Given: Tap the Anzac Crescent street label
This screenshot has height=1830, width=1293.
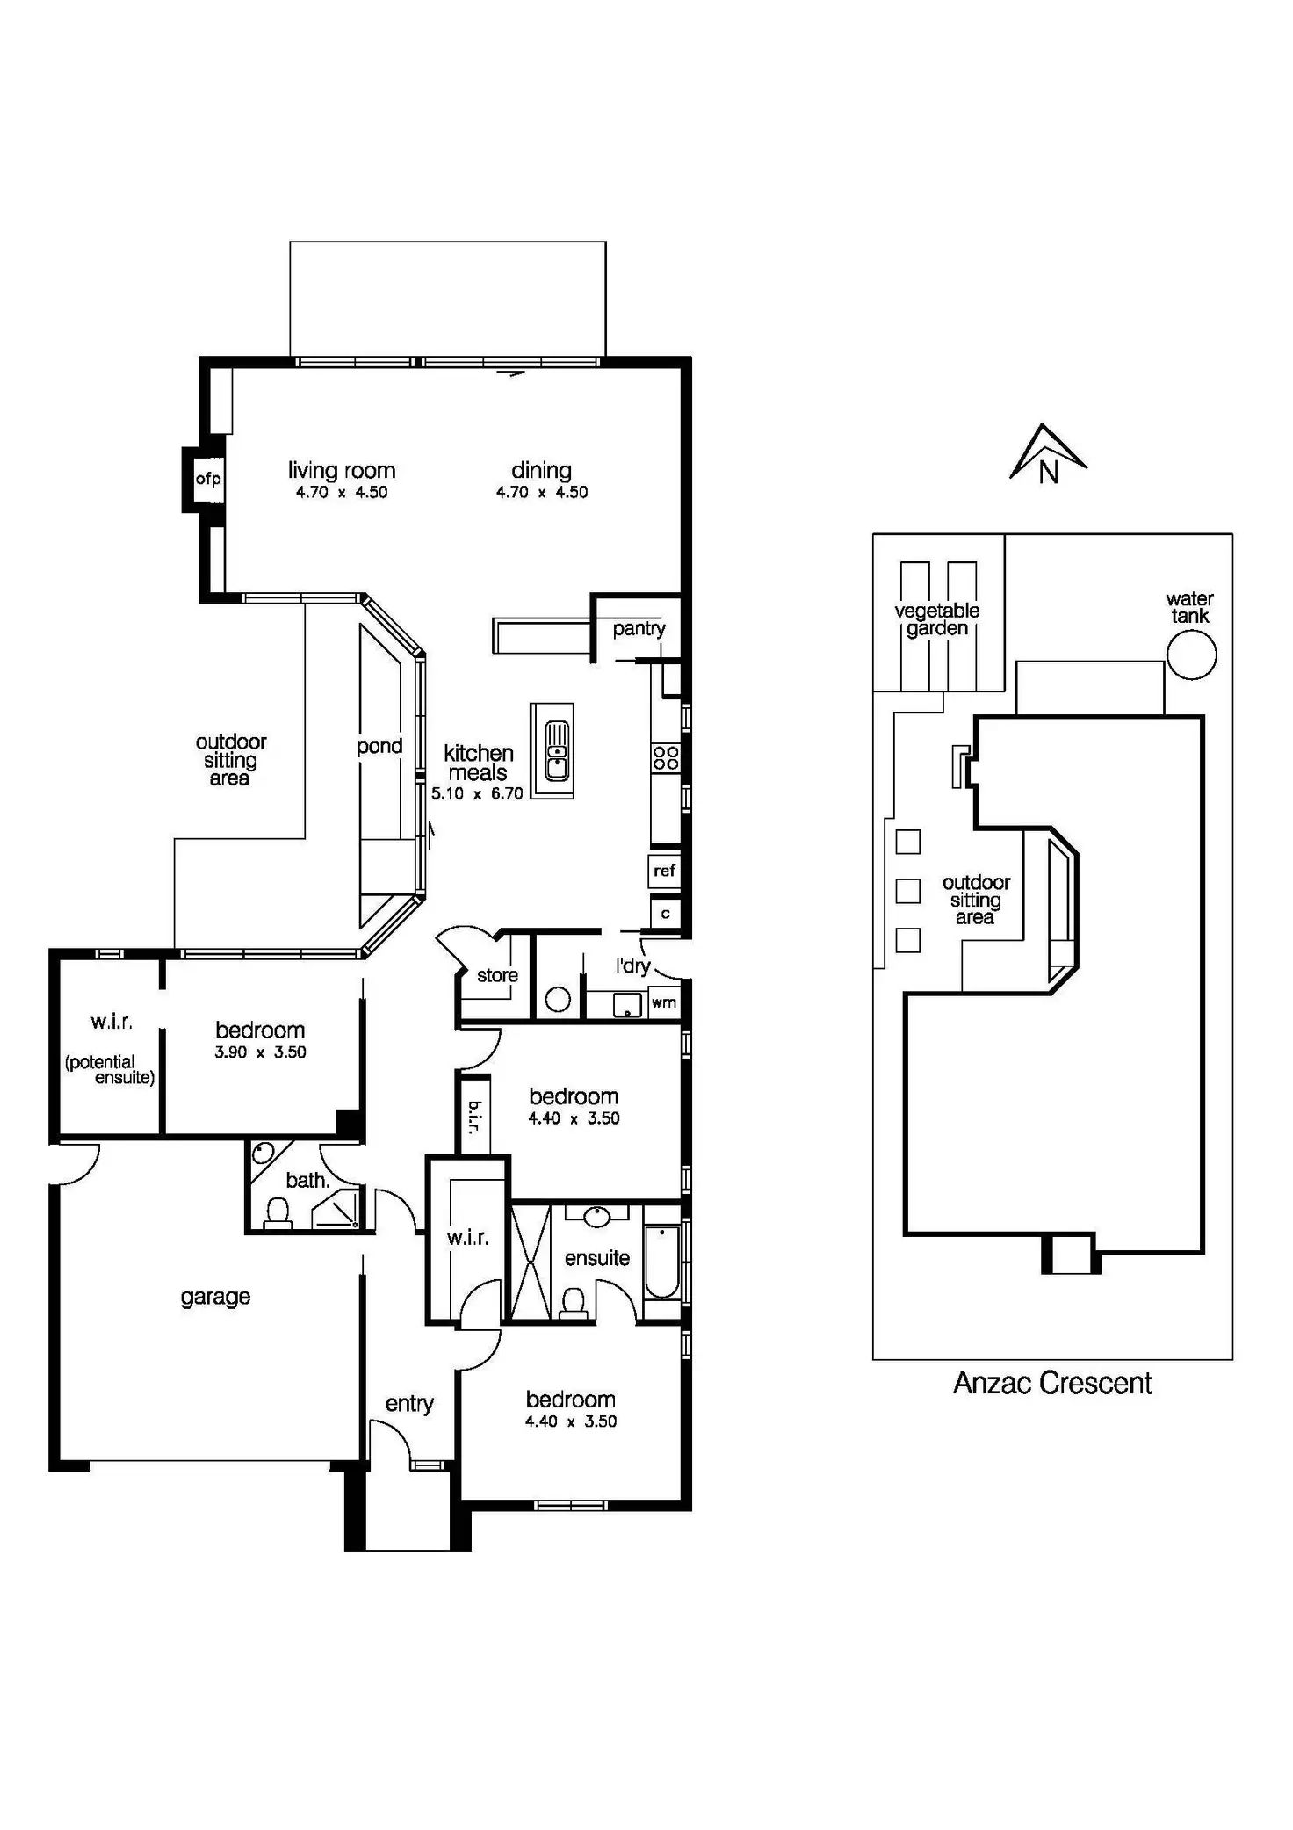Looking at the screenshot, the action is click(x=1052, y=1383).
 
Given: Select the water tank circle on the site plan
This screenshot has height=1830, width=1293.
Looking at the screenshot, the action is click(x=1191, y=655).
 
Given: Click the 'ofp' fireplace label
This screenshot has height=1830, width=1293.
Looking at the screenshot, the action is click(x=208, y=479).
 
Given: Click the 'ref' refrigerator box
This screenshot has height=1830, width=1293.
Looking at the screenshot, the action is click(x=665, y=871).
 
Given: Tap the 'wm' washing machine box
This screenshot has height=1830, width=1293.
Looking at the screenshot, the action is click(x=664, y=1002).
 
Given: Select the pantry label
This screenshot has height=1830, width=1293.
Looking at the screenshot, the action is click(x=639, y=628).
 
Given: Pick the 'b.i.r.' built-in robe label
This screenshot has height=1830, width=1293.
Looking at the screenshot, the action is click(x=474, y=1117).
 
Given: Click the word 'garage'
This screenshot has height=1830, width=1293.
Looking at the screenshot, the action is click(x=215, y=1297).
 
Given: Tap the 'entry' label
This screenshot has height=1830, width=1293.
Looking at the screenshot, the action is click(x=409, y=1404).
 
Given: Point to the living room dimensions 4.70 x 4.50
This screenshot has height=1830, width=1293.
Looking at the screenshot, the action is click(x=342, y=493).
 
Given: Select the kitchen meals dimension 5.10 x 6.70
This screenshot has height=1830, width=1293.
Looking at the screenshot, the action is click(x=477, y=793).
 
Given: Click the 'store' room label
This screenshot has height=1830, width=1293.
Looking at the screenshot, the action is click(x=497, y=975).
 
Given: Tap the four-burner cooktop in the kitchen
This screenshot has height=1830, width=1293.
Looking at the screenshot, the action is click(x=666, y=757).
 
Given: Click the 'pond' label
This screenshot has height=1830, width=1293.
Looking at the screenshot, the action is click(x=379, y=747).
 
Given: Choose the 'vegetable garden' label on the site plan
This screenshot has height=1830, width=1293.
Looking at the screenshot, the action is click(x=937, y=619).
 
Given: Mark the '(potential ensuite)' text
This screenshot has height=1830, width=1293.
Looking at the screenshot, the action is click(x=110, y=1070).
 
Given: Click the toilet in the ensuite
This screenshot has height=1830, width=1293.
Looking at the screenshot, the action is click(x=573, y=1302).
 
